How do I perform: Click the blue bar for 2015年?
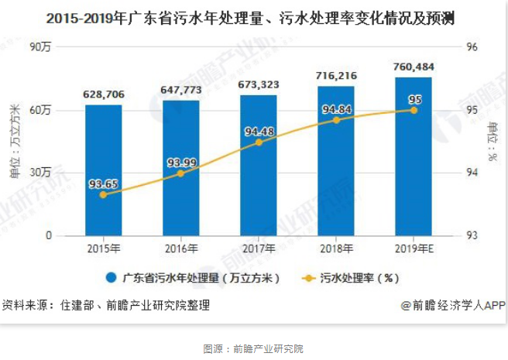[104, 170]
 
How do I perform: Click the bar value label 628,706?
[104, 94]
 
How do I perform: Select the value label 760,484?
[414, 67]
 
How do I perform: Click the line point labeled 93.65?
[104, 194]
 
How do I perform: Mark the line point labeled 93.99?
[181, 173]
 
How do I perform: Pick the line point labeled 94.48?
[259, 142]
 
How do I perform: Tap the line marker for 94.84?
[336, 120]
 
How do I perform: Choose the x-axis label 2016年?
[181, 249]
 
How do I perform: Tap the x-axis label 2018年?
[336, 249]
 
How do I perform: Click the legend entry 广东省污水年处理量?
[194, 277]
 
